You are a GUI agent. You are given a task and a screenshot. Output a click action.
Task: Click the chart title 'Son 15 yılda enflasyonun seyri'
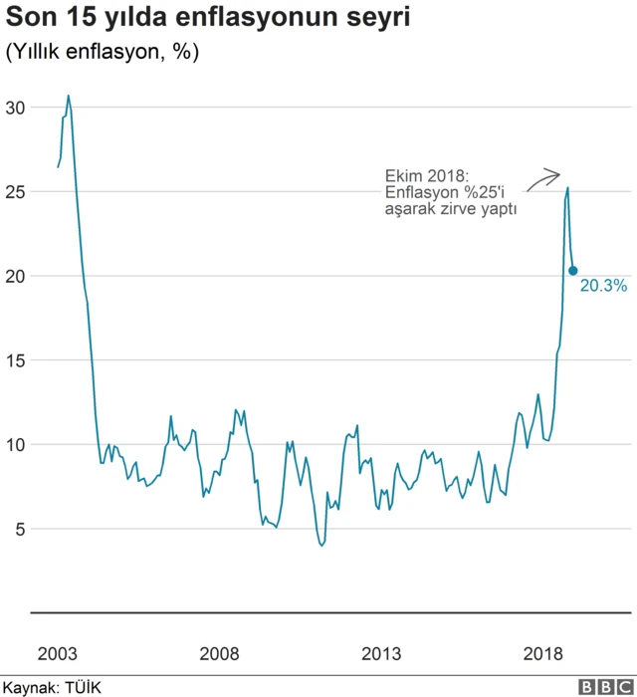(207, 19)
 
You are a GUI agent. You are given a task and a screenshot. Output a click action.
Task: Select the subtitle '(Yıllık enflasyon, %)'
(102, 53)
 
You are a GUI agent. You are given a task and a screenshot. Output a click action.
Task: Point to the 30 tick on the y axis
(15, 108)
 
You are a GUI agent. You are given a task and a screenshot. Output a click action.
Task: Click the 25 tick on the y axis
(15, 191)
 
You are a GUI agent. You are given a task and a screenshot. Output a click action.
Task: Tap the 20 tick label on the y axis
(15, 276)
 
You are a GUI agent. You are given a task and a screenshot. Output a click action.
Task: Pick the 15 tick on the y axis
(15, 360)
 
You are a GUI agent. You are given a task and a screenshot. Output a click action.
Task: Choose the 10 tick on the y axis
(15, 444)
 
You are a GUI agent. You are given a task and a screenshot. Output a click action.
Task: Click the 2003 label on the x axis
(57, 653)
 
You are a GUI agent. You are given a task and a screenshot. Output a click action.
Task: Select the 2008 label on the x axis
(219, 653)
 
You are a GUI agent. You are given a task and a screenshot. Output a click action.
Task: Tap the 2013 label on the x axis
(381, 653)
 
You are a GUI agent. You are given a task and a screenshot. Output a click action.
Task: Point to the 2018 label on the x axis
(543, 653)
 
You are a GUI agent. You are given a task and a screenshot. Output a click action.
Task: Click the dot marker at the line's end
(573, 271)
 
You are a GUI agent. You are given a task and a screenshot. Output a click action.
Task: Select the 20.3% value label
(603, 286)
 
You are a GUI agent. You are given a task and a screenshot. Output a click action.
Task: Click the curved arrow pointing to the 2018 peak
(542, 179)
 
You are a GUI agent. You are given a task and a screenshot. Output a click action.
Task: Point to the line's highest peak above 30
(68, 97)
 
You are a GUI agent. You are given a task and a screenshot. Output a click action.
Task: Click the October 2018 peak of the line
(567, 188)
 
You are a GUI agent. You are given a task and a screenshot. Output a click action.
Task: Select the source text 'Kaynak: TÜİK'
(52, 687)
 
